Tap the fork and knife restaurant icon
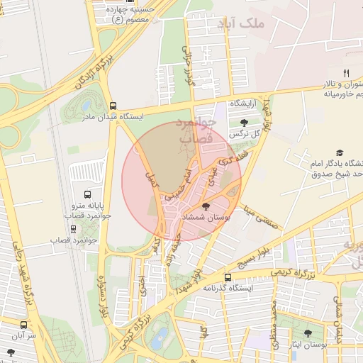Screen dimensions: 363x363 [346, 72]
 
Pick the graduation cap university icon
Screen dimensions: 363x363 [340, 152]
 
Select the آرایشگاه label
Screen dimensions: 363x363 [242, 104]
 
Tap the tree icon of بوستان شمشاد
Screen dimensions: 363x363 [206, 206]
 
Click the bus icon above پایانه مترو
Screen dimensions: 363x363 [87, 194]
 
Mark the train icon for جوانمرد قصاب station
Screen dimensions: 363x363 [73, 229]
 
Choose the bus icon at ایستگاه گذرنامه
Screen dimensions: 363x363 [228, 277]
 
